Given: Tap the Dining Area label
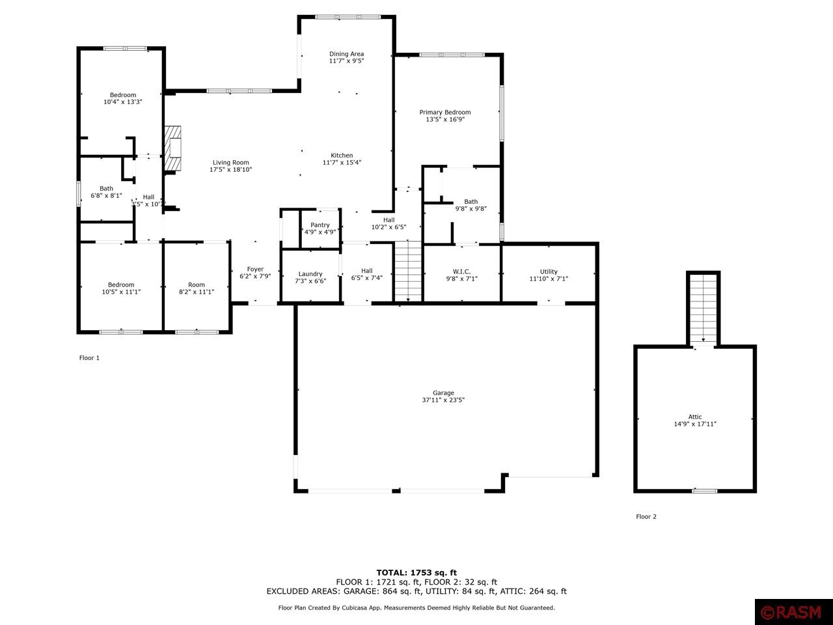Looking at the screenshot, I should (346, 54).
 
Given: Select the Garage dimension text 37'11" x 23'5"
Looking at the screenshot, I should (443, 400).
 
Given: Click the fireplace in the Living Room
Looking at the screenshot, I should (173, 148).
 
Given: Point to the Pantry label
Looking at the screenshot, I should (320, 225).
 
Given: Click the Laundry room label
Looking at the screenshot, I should (310, 274).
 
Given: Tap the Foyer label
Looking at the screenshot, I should (255, 269).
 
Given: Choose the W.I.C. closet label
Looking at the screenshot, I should (461, 271).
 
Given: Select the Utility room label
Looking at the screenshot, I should (549, 271).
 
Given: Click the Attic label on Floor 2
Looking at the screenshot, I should (695, 417).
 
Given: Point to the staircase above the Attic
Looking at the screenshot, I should (703, 308).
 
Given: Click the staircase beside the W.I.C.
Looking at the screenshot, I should (408, 271).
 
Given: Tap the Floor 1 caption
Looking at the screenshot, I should (89, 358).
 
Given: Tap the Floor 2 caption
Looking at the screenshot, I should (646, 517).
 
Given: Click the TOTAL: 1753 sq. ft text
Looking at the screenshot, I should (416, 573).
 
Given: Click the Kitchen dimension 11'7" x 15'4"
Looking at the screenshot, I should (342, 163).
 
